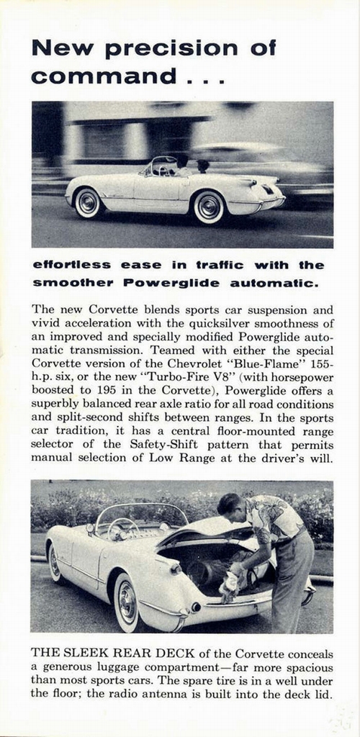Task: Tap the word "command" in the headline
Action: tap(102, 76)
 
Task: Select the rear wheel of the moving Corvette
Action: tap(210, 207)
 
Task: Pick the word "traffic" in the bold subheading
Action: tap(215, 265)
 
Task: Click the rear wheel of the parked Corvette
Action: tap(127, 600)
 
